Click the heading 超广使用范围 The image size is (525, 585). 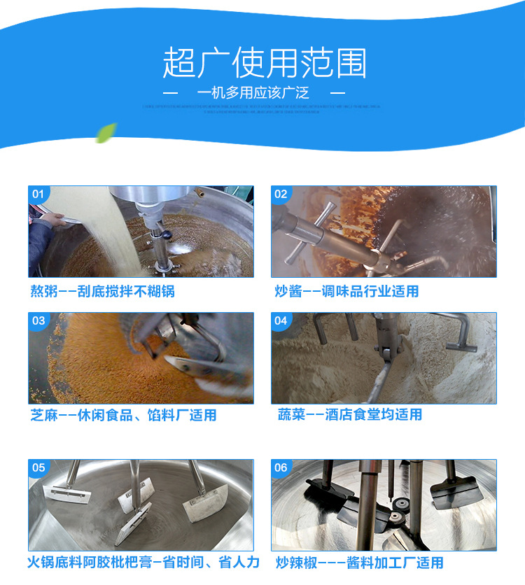[x=264, y=64]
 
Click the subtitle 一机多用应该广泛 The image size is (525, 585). [x=253, y=93]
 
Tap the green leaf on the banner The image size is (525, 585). [x=106, y=132]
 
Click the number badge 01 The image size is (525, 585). [x=38, y=194]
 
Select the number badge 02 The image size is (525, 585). [x=281, y=194]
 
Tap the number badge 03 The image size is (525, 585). [x=38, y=321]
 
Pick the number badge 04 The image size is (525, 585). [x=281, y=321]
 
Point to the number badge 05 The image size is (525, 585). [x=38, y=467]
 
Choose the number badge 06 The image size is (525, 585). [x=281, y=467]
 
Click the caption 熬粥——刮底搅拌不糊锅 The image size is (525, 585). [x=102, y=291]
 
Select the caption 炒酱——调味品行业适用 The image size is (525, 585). [x=346, y=291]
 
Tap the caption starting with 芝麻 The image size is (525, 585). [x=123, y=415]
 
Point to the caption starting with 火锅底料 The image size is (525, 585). [x=143, y=562]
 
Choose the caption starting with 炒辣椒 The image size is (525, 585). [x=359, y=562]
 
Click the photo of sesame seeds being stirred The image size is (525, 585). [x=141, y=358]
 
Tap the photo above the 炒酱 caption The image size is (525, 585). [x=384, y=232]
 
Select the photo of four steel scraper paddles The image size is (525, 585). [x=141, y=504]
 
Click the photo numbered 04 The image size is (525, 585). [x=384, y=358]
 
